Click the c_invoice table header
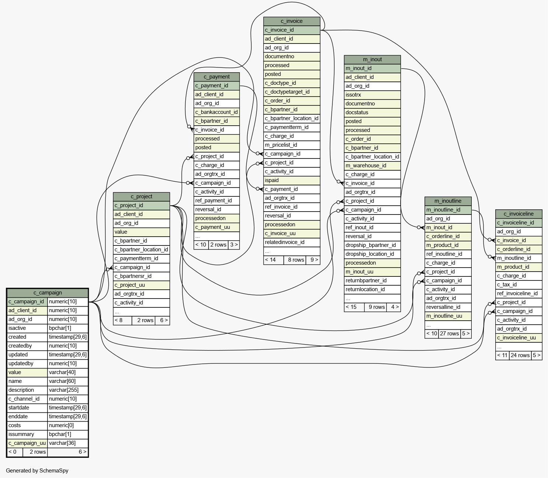tap(292, 21)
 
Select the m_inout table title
tap(372, 59)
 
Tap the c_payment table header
tap(216, 77)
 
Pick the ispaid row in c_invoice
tap(292, 180)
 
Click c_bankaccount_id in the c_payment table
tap(216, 112)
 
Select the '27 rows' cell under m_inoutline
tap(450, 334)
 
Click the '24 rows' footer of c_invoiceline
tap(520, 355)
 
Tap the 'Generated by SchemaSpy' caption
tap(37, 471)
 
